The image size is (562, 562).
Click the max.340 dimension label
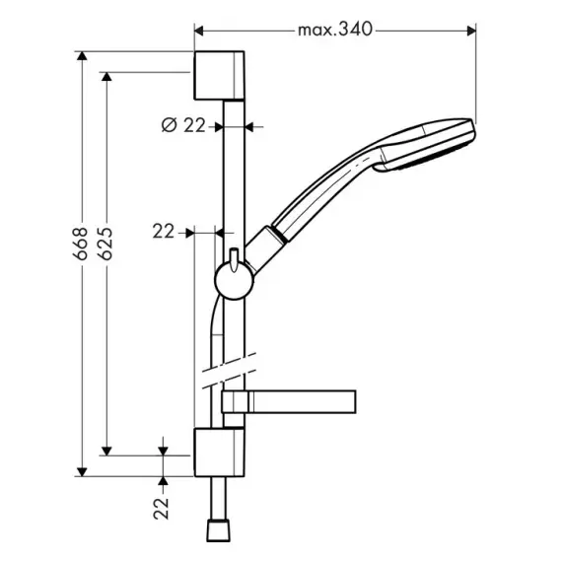coord(335,30)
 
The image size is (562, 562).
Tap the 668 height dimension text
coord(80,244)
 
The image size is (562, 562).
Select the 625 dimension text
coord(105,244)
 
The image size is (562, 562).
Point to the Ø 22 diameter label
coord(183,125)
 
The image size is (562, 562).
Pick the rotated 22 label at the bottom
coord(161,508)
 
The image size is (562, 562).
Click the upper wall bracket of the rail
coord(219,75)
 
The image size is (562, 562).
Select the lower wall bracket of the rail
coord(219,452)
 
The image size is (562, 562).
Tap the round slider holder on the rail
coord(234,280)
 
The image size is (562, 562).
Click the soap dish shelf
coord(289,402)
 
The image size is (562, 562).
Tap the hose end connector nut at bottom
coord(218,529)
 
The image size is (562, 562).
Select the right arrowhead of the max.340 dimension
coord(471,32)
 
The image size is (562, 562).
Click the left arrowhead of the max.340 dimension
coord(199,32)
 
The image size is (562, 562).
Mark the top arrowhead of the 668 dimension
coord(82,56)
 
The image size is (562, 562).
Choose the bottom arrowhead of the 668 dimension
coord(82,472)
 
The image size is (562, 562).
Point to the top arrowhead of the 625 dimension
coord(106,77)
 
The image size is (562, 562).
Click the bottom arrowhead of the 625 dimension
coord(106,451)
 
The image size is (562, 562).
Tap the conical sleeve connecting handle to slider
coord(265,248)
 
